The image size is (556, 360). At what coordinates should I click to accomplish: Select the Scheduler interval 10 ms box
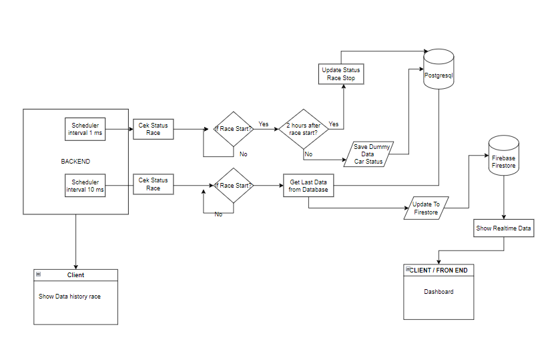(85, 185)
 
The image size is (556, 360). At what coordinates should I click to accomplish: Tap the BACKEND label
(75, 162)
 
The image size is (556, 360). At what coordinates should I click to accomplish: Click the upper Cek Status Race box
(154, 129)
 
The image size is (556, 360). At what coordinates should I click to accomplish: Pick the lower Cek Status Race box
(154, 184)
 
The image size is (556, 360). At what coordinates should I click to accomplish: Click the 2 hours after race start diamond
(303, 129)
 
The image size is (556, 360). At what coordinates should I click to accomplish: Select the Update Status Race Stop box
(341, 74)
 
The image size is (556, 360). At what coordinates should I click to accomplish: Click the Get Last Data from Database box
(308, 186)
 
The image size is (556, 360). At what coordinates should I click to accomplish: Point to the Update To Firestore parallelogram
(426, 208)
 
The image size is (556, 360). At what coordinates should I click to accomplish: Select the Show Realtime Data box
(504, 228)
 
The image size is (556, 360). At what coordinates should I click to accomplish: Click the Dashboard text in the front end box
(439, 292)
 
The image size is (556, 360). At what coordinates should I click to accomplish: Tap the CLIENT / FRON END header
(441, 271)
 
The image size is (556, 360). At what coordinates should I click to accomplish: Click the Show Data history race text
(69, 296)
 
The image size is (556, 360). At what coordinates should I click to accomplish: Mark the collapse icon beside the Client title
(39, 275)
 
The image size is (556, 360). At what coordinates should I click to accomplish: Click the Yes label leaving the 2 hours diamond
(334, 124)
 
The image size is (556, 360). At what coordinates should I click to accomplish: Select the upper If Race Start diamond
(232, 129)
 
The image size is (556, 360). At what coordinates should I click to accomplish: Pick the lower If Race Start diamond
(232, 185)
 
